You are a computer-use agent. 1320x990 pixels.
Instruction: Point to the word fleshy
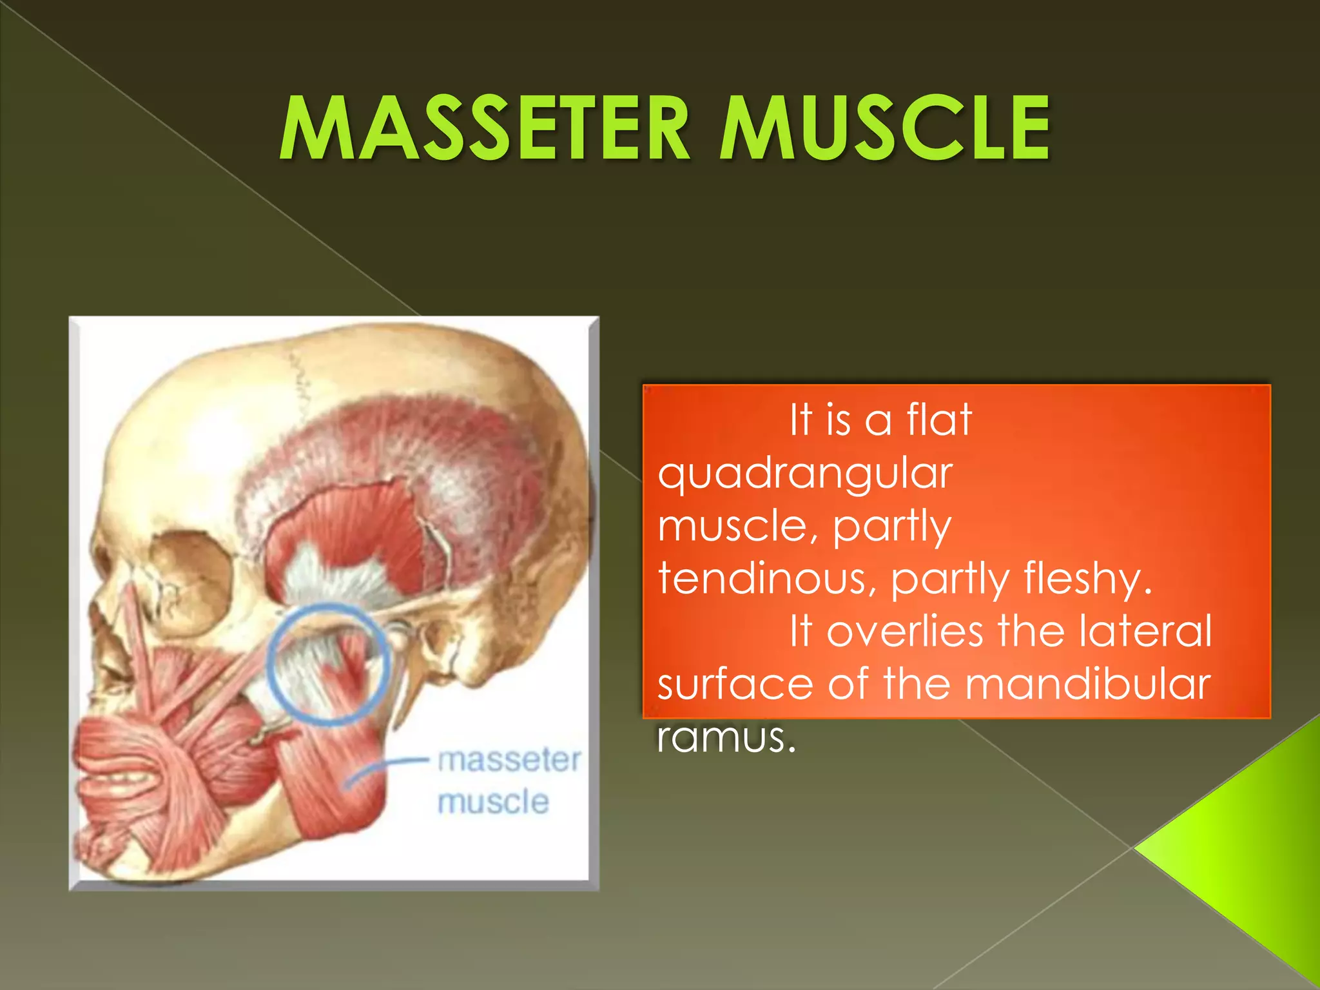1085,579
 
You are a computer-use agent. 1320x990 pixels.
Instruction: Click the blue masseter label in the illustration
509,760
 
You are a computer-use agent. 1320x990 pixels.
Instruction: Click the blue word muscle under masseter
493,802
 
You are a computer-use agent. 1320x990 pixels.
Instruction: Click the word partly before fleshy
949,579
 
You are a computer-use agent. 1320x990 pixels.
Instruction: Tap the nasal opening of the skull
110,635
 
